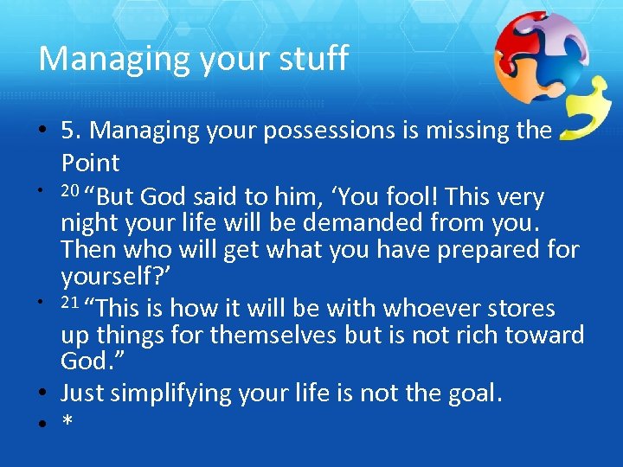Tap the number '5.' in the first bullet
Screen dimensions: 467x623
[72, 131]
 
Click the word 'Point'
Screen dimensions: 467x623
[90, 162]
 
